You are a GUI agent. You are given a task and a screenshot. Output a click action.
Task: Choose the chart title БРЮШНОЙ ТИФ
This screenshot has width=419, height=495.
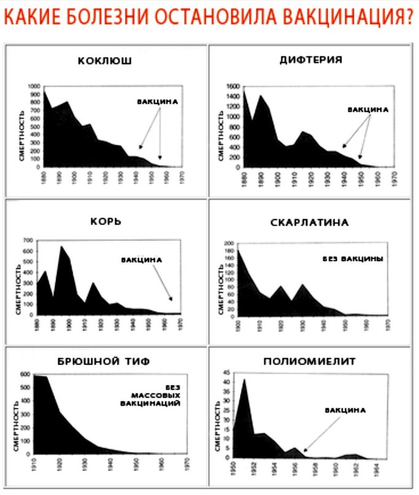(106, 361)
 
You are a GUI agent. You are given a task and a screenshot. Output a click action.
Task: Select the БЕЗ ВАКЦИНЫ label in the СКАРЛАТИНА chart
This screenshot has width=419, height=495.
(353, 259)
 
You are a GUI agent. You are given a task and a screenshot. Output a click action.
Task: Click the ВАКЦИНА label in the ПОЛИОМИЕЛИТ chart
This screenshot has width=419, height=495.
(345, 410)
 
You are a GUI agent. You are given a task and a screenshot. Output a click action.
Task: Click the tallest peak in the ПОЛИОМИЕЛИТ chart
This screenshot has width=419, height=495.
(244, 380)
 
